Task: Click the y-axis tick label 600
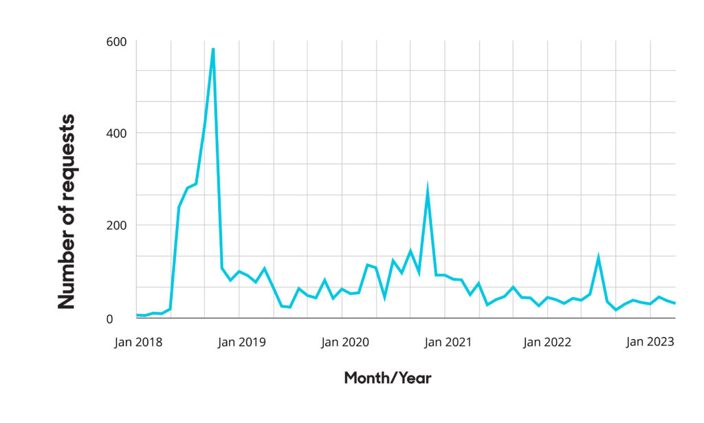click(116, 42)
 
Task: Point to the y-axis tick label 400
click(116, 133)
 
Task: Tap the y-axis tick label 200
click(116, 226)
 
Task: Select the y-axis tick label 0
click(109, 319)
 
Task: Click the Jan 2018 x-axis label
click(138, 342)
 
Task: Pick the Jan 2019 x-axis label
click(241, 342)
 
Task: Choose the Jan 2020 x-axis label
click(345, 342)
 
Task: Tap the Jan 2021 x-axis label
click(448, 342)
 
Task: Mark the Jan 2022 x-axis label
click(547, 342)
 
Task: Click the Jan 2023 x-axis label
click(650, 342)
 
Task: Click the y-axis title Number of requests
click(67, 212)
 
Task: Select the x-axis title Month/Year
click(388, 378)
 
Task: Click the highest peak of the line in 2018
click(213, 49)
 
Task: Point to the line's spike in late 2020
click(428, 188)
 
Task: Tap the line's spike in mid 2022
click(598, 257)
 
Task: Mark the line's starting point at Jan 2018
click(137, 315)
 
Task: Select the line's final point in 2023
click(675, 303)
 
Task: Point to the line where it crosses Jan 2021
click(445, 275)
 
